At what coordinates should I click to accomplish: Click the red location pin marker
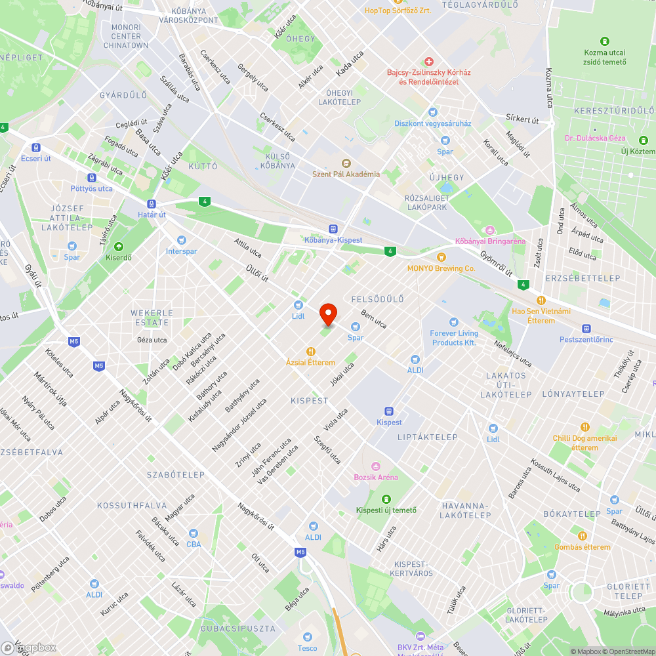[327, 314]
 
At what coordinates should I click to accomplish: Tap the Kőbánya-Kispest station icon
[333, 229]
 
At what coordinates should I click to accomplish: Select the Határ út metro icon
[152, 204]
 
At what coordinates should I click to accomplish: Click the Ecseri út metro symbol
[35, 148]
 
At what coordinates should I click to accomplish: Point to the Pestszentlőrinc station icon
[586, 329]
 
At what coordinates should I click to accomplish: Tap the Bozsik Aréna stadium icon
[376, 466]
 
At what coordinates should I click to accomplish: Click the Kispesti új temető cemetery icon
[386, 499]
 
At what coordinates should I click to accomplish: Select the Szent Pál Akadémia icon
[346, 163]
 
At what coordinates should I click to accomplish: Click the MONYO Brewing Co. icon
[441, 257]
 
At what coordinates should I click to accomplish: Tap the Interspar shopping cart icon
[181, 240]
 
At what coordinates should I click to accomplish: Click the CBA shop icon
[194, 533]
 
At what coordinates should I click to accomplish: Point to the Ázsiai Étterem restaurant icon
[310, 352]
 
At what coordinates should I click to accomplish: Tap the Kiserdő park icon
[119, 247]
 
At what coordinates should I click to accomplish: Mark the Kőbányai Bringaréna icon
[490, 230]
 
